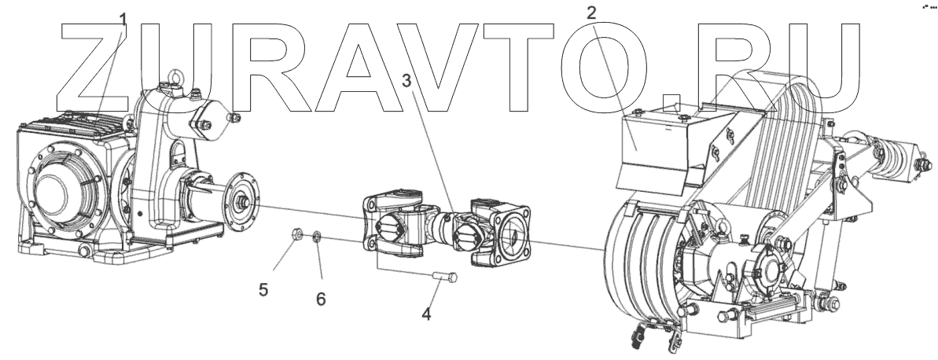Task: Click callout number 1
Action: (122, 18)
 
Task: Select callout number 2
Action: (592, 12)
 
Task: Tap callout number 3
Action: (406, 79)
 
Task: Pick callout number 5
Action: (263, 290)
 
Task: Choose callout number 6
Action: (321, 299)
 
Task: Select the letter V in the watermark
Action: (440, 67)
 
